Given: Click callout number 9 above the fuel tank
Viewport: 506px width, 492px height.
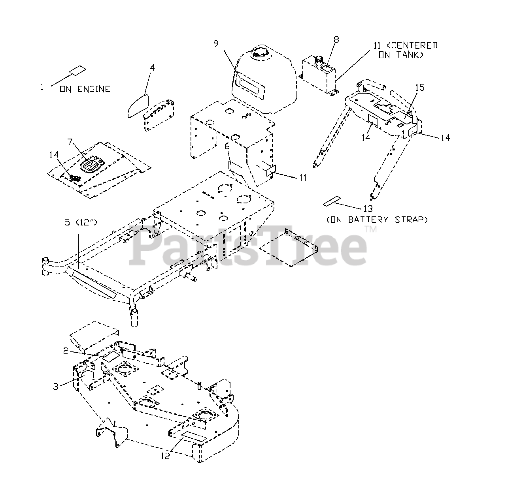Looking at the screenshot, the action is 216,43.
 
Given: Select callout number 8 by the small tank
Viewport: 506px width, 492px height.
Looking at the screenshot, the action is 336,39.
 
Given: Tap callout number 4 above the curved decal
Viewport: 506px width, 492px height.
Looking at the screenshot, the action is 152,67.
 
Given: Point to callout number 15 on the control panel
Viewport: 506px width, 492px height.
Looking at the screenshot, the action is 419,87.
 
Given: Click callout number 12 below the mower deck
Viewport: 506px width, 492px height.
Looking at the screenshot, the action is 165,456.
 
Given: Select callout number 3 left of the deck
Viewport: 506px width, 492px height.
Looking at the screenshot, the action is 56,386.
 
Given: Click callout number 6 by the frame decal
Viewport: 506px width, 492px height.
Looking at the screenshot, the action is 227,146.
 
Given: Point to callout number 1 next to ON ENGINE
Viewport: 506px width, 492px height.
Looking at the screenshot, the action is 42,87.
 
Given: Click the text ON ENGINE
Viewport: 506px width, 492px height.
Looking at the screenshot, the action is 85,89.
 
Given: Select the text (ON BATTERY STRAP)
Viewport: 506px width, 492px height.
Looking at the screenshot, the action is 376,220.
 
